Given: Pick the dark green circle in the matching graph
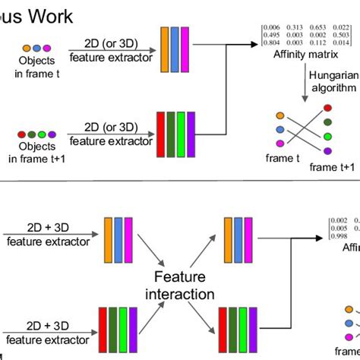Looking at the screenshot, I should (327, 121).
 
